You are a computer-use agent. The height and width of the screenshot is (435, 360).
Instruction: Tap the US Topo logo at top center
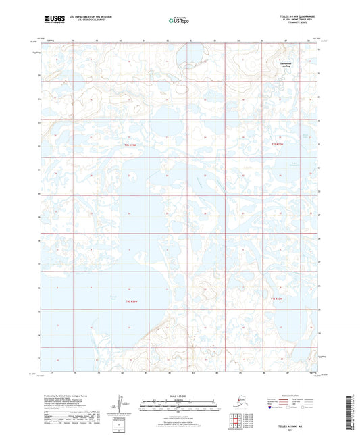pyautogui.click(x=179, y=20)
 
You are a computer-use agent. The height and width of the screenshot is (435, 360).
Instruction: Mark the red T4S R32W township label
pyautogui.click(x=277, y=298)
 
